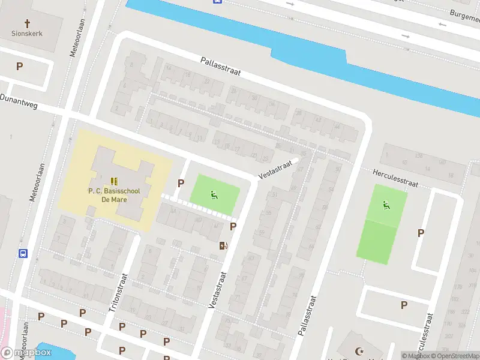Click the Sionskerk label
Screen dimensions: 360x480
click(x=26, y=34)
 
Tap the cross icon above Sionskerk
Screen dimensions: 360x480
click(x=26, y=21)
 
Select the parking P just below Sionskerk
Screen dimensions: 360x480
click(x=19, y=67)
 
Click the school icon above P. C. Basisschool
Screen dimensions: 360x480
click(x=113, y=181)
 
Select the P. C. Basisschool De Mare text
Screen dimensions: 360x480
click(x=113, y=196)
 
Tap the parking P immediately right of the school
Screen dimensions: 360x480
click(x=181, y=183)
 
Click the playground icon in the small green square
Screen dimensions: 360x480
click(x=214, y=194)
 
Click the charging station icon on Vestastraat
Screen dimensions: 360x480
click(x=223, y=245)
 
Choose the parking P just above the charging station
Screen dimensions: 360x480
click(x=233, y=226)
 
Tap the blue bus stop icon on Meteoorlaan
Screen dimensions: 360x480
click(x=23, y=253)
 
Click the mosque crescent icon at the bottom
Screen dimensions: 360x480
click(x=360, y=351)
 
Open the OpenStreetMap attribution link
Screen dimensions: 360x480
click(x=457, y=356)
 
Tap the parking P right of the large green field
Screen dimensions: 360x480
click(x=421, y=233)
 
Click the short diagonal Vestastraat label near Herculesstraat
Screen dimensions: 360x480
click(x=275, y=169)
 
